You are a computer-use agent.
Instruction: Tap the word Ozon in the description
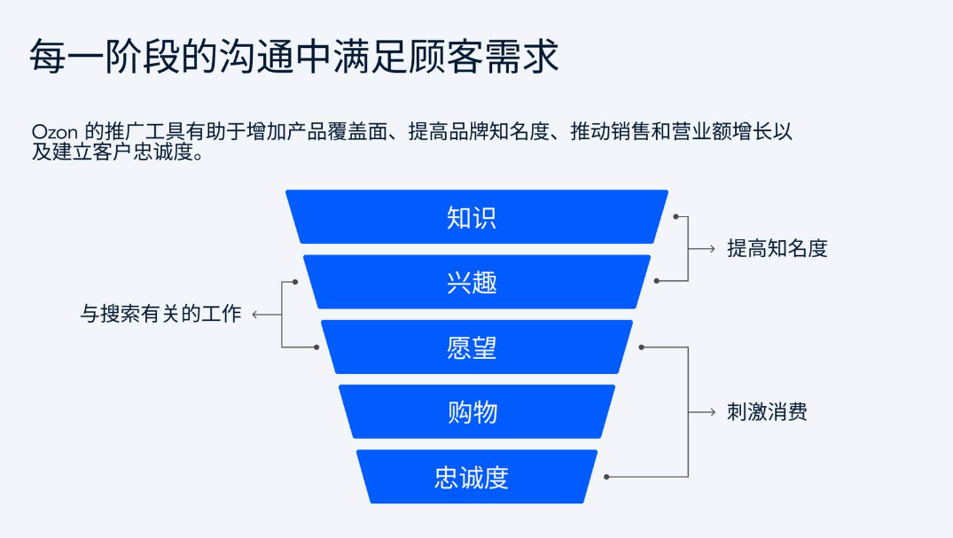tap(56, 132)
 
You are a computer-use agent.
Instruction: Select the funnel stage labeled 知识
tap(476, 217)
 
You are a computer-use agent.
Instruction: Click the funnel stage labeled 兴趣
tap(476, 282)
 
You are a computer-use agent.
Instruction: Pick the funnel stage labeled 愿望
tap(476, 347)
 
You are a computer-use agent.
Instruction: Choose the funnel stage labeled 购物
tap(476, 412)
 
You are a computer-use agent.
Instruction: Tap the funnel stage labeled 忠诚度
tap(476, 477)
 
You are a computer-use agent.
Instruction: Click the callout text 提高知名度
tap(777, 249)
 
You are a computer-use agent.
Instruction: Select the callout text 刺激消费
tap(767, 412)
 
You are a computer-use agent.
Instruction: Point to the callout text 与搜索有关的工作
tap(160, 314)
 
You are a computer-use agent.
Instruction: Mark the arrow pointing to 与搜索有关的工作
tap(261, 314)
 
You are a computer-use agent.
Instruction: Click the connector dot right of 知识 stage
tap(675, 216)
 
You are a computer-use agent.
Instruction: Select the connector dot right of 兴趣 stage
tap(657, 281)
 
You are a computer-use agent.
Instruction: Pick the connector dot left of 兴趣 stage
tap(295, 282)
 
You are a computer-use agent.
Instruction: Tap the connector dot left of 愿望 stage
tap(316, 347)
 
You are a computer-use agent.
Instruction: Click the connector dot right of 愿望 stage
tap(641, 347)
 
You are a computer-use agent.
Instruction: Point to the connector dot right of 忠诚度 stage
tap(606, 477)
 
